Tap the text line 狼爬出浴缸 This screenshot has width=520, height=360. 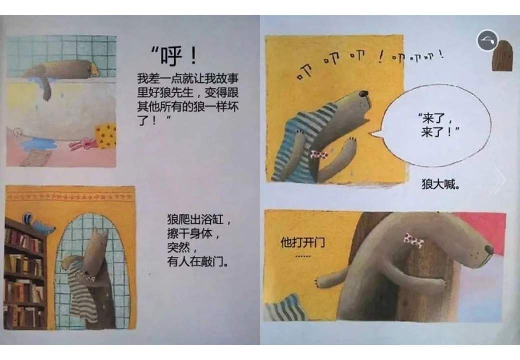199,219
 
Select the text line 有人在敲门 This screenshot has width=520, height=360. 198,261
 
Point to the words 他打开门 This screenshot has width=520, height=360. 303,243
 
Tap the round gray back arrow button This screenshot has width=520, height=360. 487,41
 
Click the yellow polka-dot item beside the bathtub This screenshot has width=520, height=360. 105,136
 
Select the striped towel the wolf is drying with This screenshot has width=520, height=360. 80,290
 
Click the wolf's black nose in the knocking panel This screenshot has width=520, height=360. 365,93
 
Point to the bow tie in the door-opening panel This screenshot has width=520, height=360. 413,240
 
